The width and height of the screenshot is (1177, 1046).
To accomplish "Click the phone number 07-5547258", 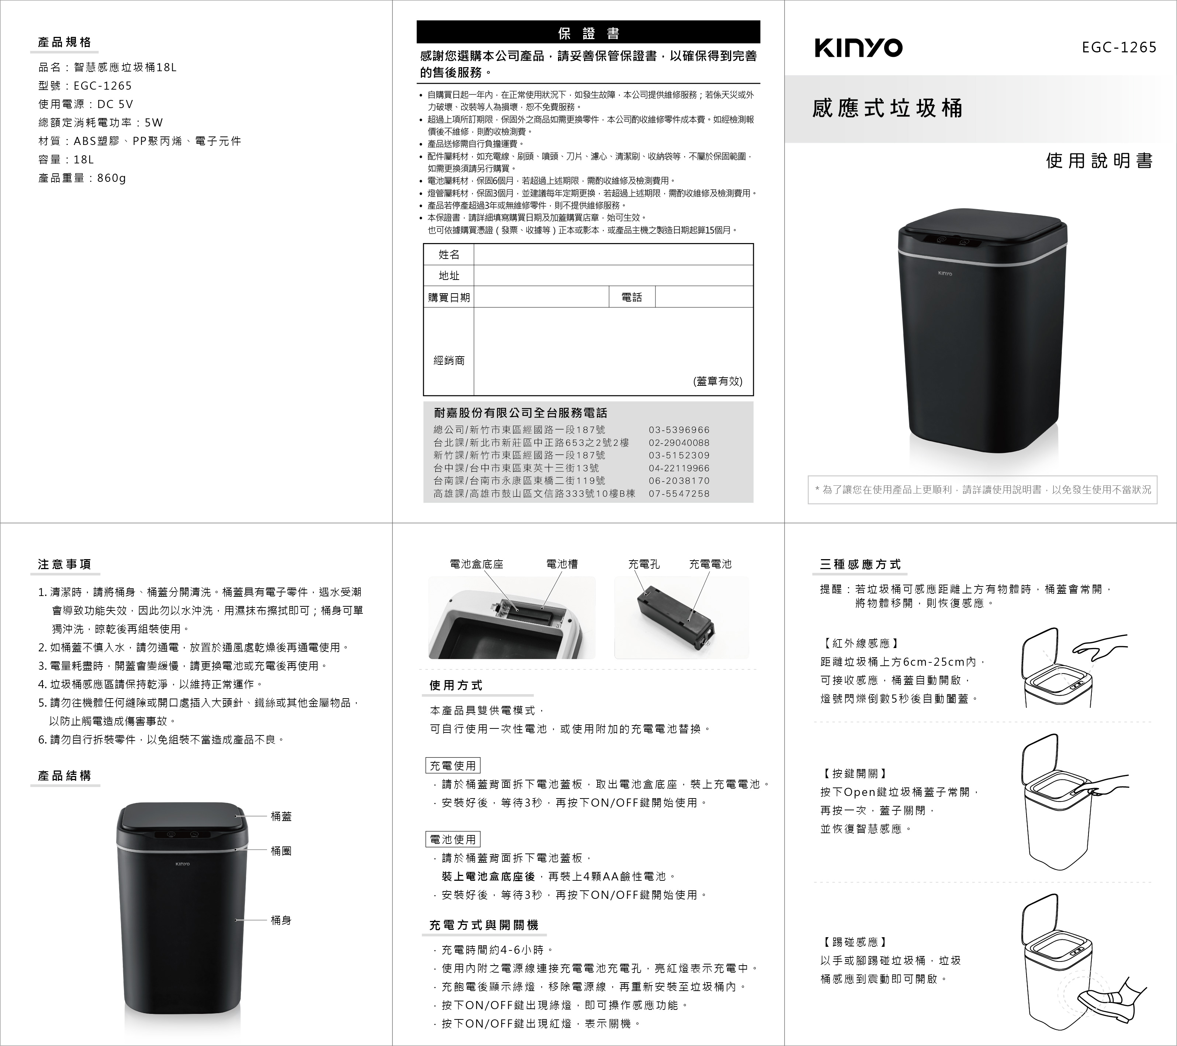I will [679, 493].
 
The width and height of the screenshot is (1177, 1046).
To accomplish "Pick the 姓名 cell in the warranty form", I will [449, 254].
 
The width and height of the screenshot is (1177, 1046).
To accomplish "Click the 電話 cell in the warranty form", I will [632, 297].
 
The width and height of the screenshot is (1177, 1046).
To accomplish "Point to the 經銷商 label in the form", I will [449, 360].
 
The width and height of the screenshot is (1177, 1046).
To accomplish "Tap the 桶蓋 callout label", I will [281, 816].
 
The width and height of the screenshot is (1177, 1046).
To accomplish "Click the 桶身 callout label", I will [281, 920].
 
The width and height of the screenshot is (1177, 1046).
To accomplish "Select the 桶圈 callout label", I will [281, 851].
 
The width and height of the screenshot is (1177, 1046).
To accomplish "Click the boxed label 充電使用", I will [453, 766].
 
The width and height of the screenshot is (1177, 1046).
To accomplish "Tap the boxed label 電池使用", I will [453, 839].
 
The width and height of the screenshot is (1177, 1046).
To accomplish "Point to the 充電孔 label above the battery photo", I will [644, 564].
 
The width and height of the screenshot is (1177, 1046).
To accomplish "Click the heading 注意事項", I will [65, 564].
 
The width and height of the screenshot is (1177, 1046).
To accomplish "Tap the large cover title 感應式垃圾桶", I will [887, 108].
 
